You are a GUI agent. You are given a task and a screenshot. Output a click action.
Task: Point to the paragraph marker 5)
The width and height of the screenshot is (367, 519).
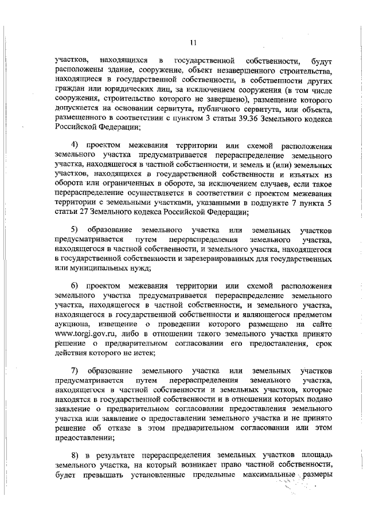[74, 230]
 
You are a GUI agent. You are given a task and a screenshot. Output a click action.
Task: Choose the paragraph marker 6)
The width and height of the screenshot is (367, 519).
[74, 285]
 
